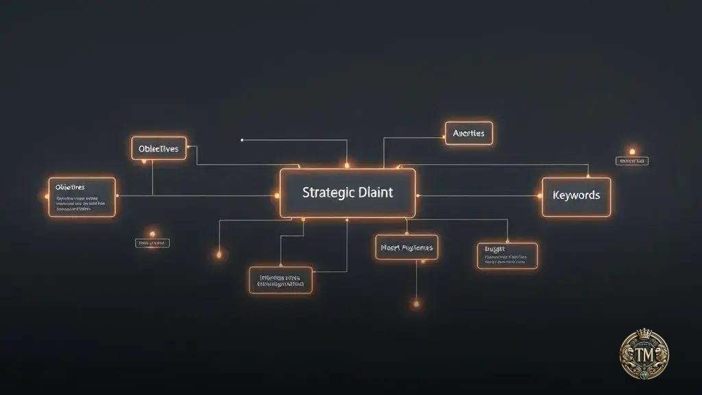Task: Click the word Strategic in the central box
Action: tap(326, 193)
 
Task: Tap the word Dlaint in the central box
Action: tap(375, 193)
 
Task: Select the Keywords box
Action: tap(576, 195)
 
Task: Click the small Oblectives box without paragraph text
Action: tap(158, 148)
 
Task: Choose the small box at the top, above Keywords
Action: tap(469, 133)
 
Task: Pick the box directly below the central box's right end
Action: tap(407, 247)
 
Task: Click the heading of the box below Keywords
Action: tap(495, 250)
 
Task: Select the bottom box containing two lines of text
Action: tap(280, 280)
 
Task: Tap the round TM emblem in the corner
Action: tap(644, 354)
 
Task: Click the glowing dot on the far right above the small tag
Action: tap(632, 152)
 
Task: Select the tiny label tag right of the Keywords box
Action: tap(632, 161)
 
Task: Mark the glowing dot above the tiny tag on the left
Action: tap(152, 234)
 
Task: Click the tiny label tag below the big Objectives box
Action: tap(152, 243)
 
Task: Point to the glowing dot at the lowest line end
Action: tap(416, 302)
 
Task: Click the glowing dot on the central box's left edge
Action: tap(278, 195)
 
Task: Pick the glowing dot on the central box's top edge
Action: tap(347, 165)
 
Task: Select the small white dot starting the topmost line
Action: tap(241, 140)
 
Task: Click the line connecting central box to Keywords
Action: tap(480, 195)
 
